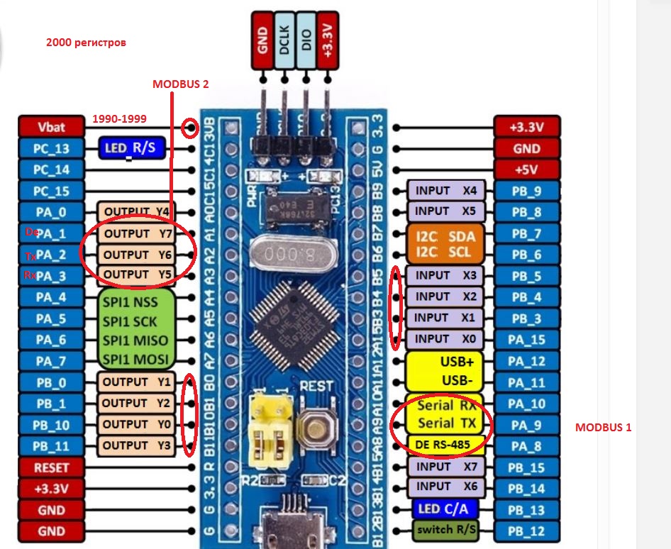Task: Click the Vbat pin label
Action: [51, 127]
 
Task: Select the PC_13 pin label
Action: [51, 148]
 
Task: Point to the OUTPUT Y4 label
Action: [135, 211]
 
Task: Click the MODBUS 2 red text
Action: [180, 84]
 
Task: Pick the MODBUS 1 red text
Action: [603, 428]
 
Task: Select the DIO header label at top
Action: [306, 40]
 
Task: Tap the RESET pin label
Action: [51, 467]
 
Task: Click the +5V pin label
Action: [526, 170]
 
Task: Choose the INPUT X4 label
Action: [445, 191]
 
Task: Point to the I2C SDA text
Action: [445, 235]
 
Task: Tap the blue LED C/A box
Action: [445, 509]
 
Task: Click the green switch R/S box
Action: [445, 529]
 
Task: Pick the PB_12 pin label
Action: [526, 531]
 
